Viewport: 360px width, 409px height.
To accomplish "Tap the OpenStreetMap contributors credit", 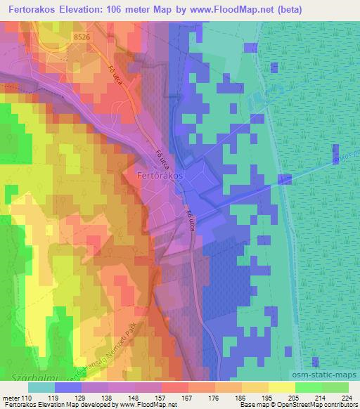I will pyautogui.click(x=320, y=405).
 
